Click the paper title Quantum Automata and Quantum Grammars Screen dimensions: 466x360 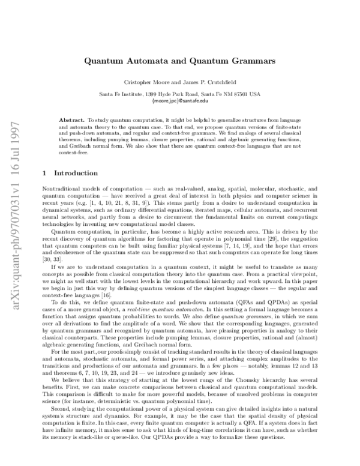[179, 61]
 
